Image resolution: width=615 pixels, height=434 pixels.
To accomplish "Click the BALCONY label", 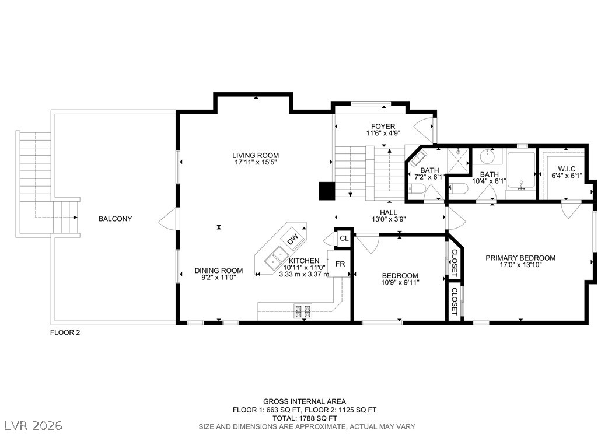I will (115, 219).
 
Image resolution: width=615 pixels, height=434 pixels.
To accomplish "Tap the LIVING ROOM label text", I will (256, 155).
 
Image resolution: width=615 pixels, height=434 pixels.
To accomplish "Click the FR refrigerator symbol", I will (340, 264).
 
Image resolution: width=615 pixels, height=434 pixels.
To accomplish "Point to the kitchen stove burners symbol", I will (302, 311).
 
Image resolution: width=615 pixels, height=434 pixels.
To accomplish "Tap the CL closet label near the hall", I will (344, 238).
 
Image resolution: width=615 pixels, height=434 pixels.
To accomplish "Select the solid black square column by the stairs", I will (326, 191).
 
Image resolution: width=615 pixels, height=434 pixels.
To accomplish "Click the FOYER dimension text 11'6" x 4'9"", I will (383, 134).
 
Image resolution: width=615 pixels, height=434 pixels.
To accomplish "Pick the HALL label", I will (388, 212).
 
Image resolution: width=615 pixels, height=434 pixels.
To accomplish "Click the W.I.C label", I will (562, 169).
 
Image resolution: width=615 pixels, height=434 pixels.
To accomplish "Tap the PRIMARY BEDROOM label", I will (520, 258).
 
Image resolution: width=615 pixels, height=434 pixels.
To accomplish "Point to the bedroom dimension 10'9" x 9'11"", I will (400, 282).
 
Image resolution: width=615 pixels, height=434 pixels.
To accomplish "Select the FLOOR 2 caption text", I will (64, 332).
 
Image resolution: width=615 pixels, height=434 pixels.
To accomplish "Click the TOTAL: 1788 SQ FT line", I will (304, 418).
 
